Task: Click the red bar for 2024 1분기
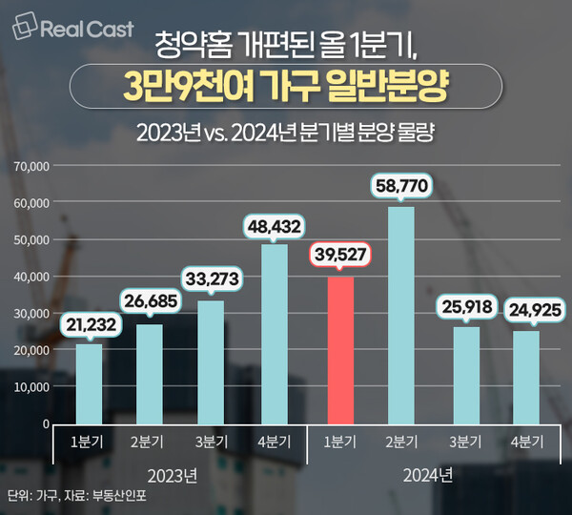pyautogui.click(x=340, y=350)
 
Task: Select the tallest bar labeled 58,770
pyautogui.click(x=401, y=315)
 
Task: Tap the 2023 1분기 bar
pyautogui.click(x=89, y=383)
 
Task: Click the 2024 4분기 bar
pyautogui.click(x=525, y=377)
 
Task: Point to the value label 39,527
pyautogui.click(x=340, y=256)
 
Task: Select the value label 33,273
pyautogui.click(x=212, y=279)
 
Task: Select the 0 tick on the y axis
pyautogui.click(x=45, y=423)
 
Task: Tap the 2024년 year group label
pyautogui.click(x=429, y=474)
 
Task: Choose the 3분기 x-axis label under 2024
pyautogui.click(x=466, y=443)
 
